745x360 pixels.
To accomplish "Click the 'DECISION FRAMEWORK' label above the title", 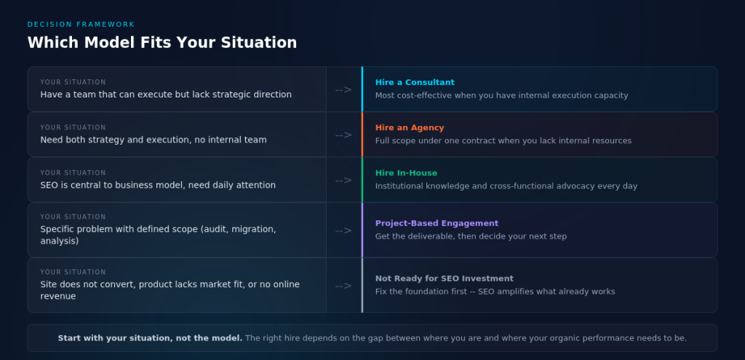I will [81, 25].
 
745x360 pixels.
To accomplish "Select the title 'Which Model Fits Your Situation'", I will [162, 42].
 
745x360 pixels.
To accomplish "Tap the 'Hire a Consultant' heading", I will [415, 82].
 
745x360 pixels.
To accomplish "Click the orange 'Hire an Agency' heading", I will [410, 128].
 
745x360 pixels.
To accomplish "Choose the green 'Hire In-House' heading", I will [406, 173].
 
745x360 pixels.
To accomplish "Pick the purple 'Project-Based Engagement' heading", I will [437, 223].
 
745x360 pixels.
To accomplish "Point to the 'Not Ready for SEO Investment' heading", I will [444, 279].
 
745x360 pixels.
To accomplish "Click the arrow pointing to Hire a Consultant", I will [343, 89].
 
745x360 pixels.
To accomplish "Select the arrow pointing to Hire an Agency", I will [343, 135].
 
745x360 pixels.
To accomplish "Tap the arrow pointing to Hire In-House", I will [343, 180].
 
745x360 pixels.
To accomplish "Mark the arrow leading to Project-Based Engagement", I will [343, 231].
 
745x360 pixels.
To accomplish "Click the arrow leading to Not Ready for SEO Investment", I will [343, 286].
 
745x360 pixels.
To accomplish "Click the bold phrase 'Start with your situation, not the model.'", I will [150, 338].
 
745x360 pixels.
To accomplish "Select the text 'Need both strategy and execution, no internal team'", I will [153, 140].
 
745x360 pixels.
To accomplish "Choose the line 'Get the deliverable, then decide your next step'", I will [470, 236].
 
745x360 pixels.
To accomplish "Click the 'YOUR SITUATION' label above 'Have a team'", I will [73, 82].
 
